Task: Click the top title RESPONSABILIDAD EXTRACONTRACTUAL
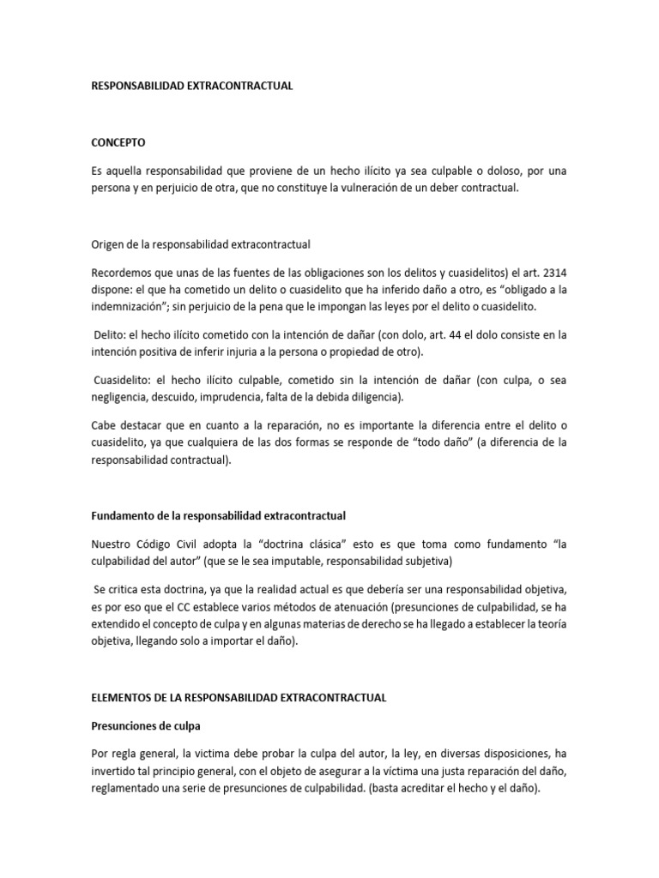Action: (192, 86)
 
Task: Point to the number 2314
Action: (551, 272)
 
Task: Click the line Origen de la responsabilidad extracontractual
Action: (200, 244)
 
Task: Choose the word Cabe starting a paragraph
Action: (104, 424)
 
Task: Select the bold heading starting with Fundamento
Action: (218, 515)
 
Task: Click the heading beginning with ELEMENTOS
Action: (238, 697)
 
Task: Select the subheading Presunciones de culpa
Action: (145, 725)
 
